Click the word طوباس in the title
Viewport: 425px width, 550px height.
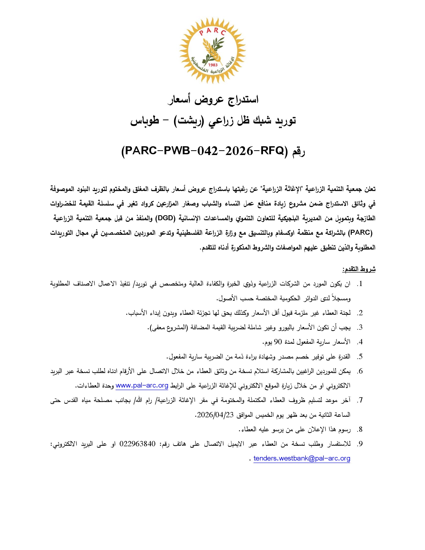point(144,121)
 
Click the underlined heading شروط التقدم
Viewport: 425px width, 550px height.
point(358,269)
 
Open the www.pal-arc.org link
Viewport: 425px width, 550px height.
point(142,385)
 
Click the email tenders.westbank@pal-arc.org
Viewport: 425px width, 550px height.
point(302,458)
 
